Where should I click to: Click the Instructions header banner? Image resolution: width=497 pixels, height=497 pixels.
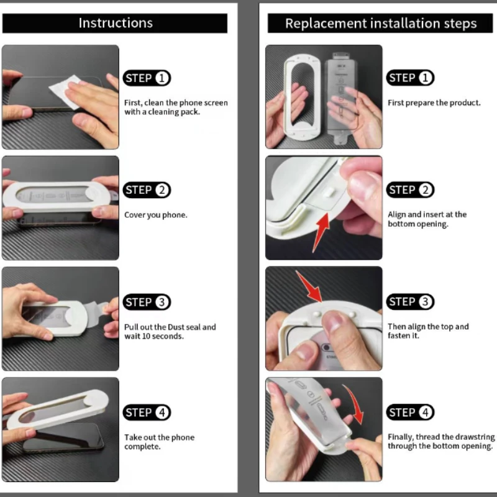point(115,24)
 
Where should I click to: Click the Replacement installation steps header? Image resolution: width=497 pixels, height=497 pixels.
point(380,24)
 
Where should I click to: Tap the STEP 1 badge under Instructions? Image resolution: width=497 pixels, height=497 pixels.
point(147,78)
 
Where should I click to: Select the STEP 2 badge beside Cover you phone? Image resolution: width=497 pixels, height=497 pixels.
point(147,190)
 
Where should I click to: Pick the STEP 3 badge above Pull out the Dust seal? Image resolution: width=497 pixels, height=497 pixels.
point(147,302)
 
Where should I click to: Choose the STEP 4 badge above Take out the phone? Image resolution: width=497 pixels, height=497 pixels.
point(147,413)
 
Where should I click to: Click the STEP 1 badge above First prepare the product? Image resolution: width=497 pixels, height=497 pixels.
point(411,78)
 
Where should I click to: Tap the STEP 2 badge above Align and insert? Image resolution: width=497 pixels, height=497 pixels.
point(411,190)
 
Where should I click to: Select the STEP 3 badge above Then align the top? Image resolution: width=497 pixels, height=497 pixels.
point(411,302)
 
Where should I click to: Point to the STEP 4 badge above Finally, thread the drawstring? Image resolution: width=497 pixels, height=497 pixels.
point(411,413)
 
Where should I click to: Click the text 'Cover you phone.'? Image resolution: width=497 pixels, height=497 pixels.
point(156,215)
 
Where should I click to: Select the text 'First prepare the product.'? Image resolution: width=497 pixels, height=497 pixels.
point(434,103)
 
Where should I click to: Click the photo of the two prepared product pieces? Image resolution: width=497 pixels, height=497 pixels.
point(324,97)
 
